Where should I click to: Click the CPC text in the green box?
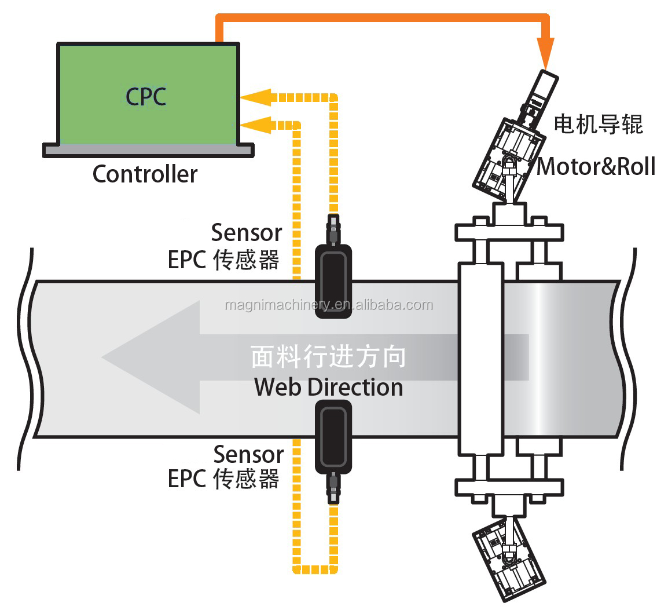coord(146,96)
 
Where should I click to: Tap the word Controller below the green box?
coord(145,174)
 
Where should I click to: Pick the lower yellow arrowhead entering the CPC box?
coord(255,123)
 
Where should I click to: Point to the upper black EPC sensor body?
coord(333,281)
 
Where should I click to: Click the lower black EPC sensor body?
coord(333,437)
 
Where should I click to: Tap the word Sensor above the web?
coord(246,233)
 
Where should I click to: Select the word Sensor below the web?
coord(248,454)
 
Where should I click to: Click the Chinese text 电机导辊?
coord(598,123)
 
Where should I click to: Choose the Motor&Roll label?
coord(596,167)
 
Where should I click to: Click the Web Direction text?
coord(328,387)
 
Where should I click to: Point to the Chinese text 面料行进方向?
coord(328,357)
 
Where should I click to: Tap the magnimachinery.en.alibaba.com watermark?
coord(328,305)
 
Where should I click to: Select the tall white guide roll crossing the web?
coord(480,358)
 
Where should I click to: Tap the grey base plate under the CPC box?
coord(148,151)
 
